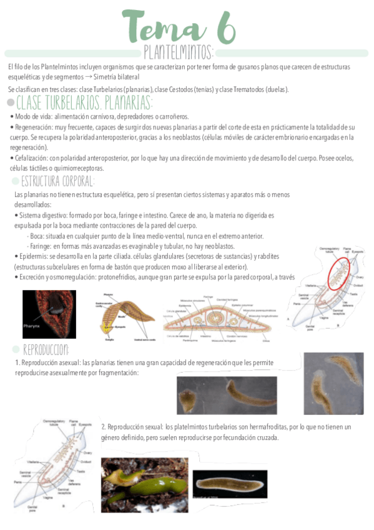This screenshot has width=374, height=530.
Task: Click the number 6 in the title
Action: coord(224,27)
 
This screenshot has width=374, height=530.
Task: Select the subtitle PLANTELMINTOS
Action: coord(179,51)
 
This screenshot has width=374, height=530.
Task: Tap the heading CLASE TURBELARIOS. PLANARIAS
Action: coord(84,102)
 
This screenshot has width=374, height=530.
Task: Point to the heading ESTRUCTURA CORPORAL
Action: coord(58,181)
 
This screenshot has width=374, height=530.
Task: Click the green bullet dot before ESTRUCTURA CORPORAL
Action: coord(16,182)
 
